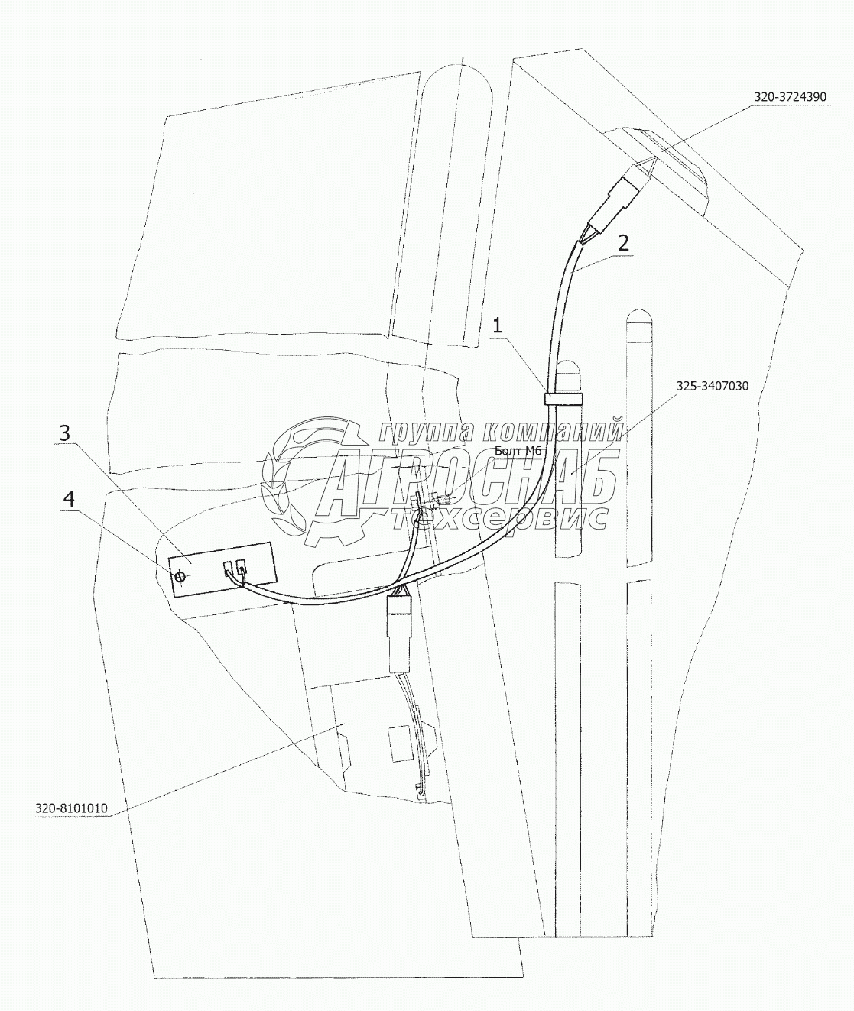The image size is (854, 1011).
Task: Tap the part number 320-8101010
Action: pyautogui.click(x=71, y=808)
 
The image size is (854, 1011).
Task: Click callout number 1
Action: pyautogui.click(x=497, y=325)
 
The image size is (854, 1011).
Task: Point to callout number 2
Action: pyautogui.click(x=624, y=243)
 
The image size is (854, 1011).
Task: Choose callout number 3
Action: pyautogui.click(x=65, y=433)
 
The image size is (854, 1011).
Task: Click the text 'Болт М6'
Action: pyautogui.click(x=518, y=451)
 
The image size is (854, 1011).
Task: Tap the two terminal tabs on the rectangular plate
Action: pyautogui.click(x=235, y=568)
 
